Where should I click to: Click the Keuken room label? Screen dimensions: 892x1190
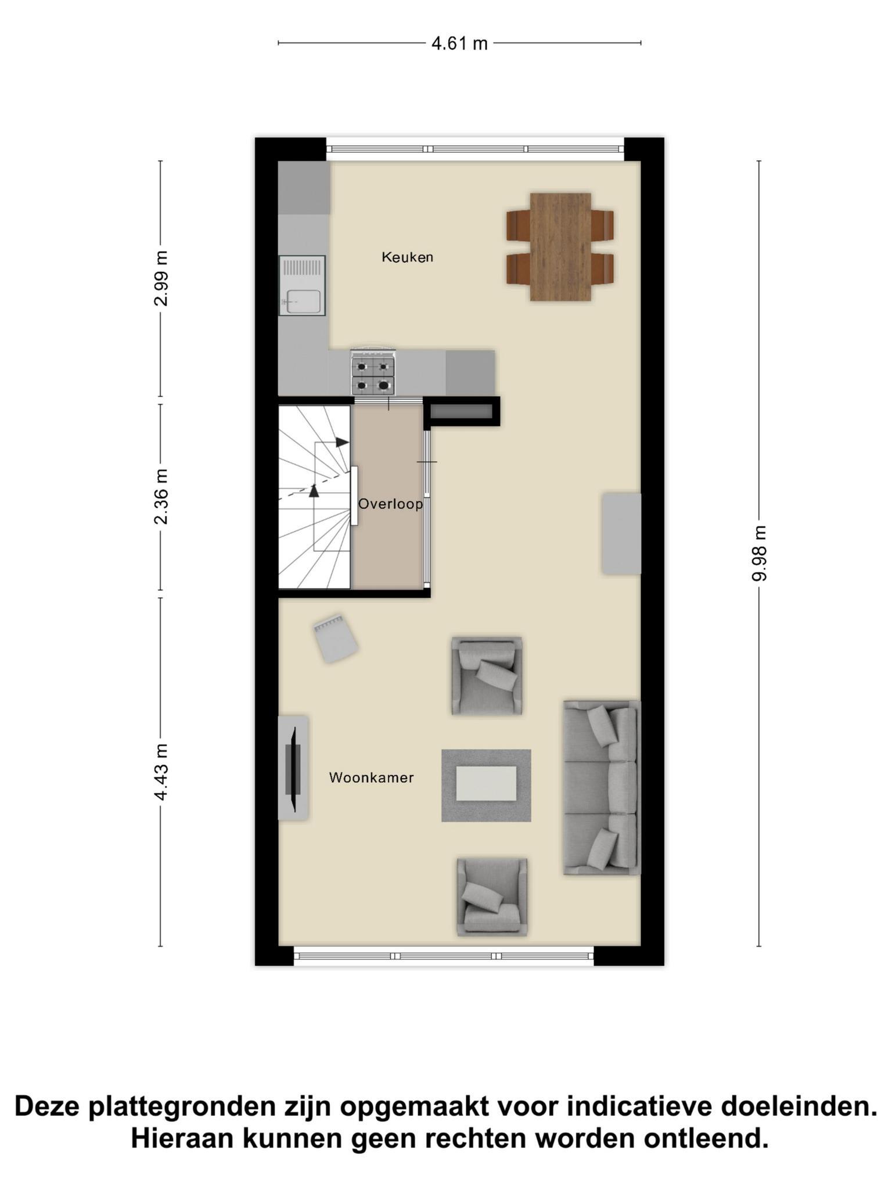[407, 257]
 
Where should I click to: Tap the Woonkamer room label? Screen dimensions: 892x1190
[371, 777]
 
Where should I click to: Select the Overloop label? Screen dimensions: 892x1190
[390, 504]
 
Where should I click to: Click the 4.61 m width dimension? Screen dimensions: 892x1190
[459, 43]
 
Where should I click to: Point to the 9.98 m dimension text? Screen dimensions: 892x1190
[760, 553]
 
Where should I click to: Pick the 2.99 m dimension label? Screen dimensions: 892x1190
[161, 278]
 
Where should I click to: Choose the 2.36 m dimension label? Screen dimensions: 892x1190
[161, 497]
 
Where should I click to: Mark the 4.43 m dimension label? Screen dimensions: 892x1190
[161, 772]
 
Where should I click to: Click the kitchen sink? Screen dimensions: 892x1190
[302, 285]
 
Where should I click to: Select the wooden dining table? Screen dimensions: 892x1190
[560, 247]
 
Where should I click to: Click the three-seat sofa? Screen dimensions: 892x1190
[602, 787]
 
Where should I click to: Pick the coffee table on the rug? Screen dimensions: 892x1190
[486, 783]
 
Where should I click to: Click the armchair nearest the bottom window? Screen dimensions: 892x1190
[492, 897]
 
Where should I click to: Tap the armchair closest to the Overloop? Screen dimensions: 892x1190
[487, 675]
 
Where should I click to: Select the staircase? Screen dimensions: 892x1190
[315, 497]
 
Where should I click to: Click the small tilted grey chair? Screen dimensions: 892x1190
[335, 639]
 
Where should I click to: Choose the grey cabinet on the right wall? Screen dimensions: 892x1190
[621, 534]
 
